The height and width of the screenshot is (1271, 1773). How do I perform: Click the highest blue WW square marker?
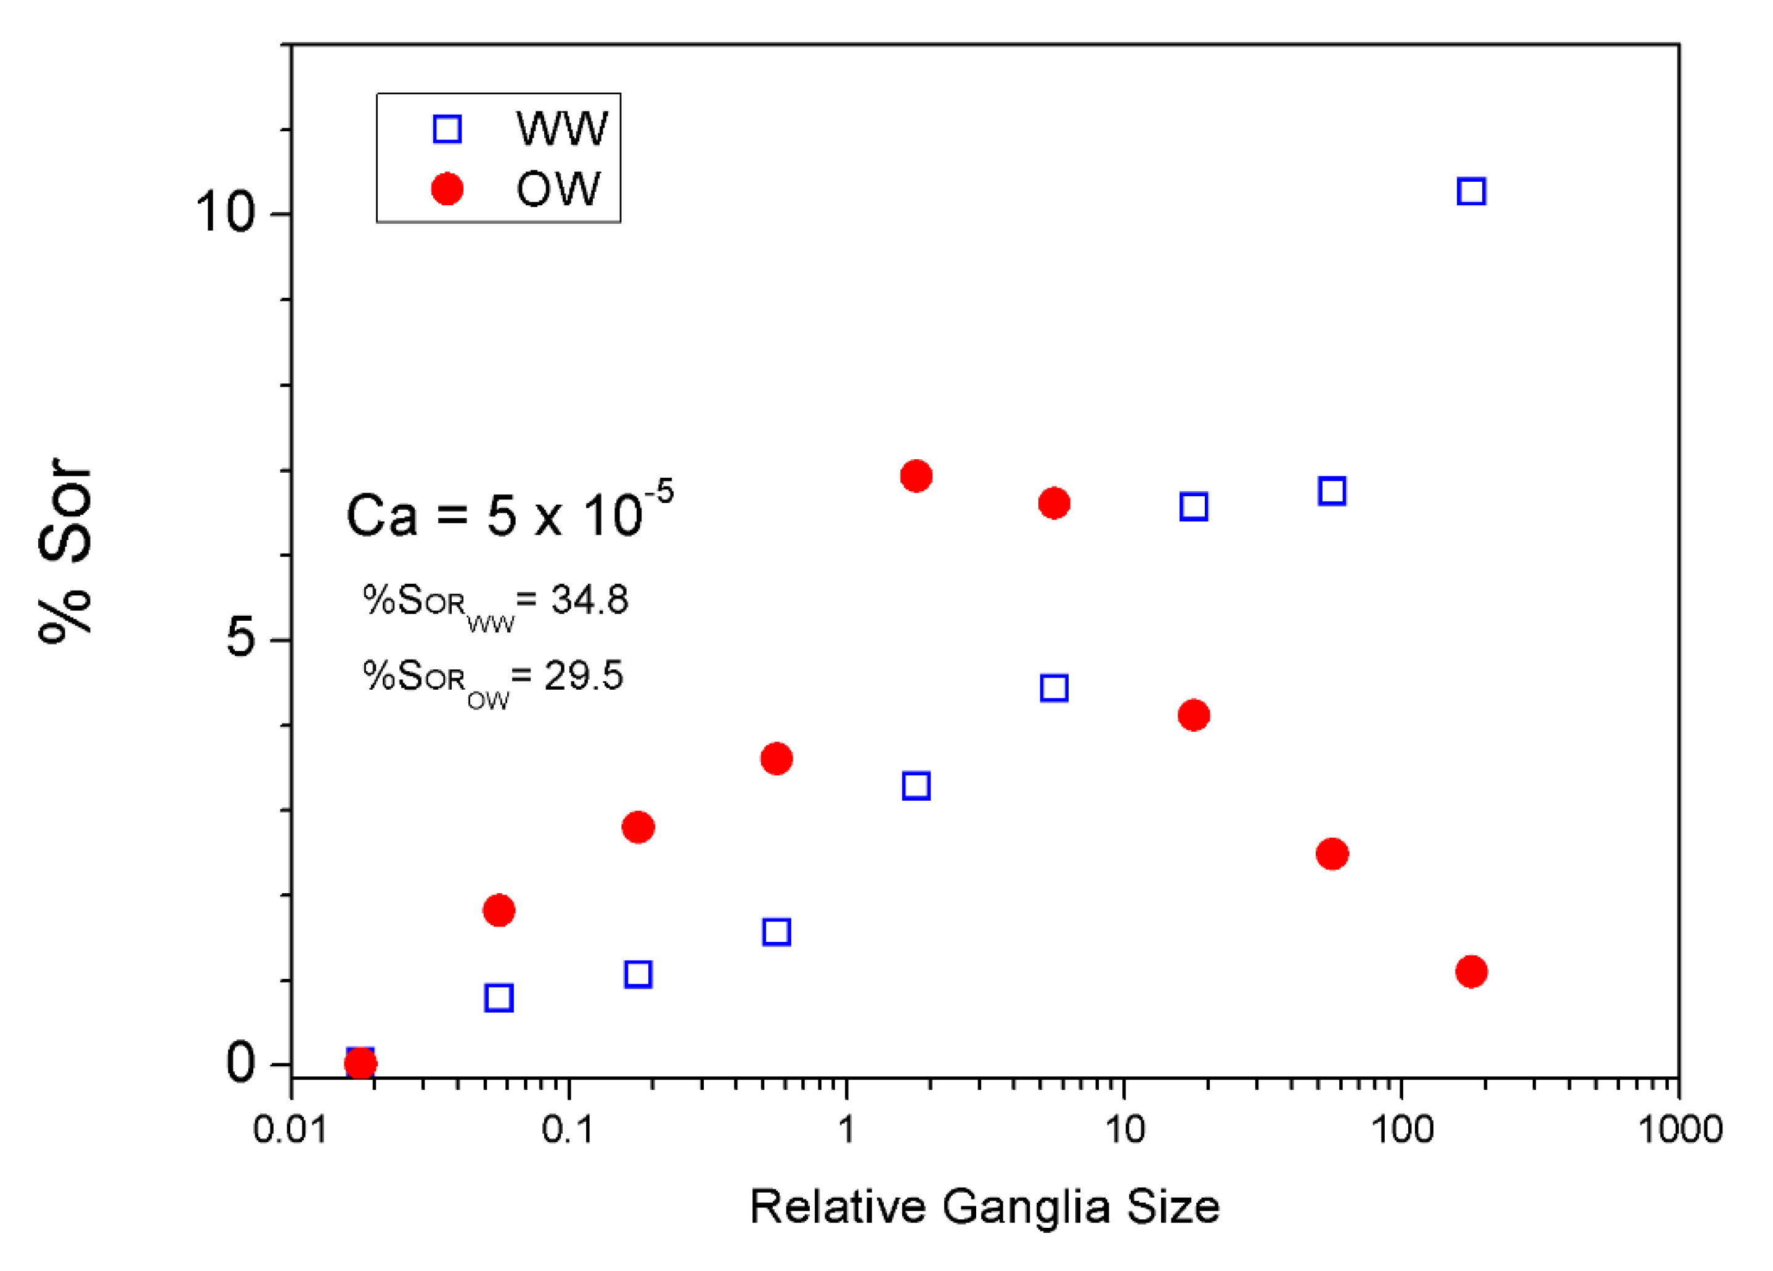click(x=1471, y=192)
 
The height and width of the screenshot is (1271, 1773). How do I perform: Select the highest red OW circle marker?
click(x=915, y=475)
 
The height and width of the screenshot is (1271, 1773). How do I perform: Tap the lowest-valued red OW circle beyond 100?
click(x=1471, y=971)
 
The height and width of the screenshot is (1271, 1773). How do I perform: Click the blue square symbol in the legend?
click(x=447, y=128)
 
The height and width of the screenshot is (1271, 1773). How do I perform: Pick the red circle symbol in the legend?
click(x=447, y=189)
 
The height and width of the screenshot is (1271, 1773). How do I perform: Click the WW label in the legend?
click(x=561, y=128)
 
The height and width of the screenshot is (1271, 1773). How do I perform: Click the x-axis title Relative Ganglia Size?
click(x=984, y=1207)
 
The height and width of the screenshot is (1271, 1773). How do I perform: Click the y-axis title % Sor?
click(x=66, y=551)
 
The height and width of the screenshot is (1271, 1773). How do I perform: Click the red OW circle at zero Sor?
click(x=361, y=1063)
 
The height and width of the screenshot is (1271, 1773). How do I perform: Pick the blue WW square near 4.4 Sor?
click(x=1054, y=688)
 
